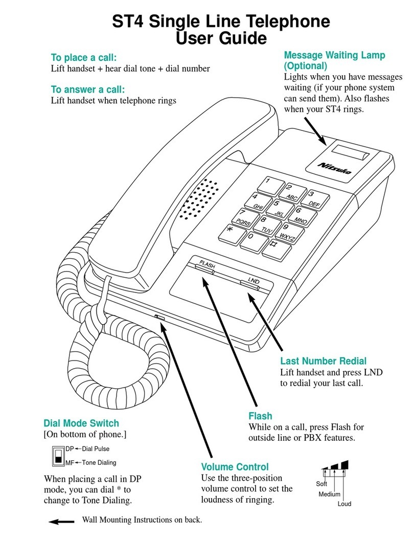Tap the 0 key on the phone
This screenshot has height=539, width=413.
pos(254,242)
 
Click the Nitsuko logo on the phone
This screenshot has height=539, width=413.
pos(335,168)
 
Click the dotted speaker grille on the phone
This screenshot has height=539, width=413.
pos(199,199)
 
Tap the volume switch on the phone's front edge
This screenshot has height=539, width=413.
pos(159,317)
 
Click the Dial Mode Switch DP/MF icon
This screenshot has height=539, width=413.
pos(58,456)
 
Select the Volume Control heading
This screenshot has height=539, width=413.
pos(235,467)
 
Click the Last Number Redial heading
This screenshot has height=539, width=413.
pos(324,361)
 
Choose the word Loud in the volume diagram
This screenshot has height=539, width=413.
pos(345,504)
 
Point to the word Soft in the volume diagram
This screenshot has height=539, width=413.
pos(322,484)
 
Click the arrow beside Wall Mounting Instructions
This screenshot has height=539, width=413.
pos(61,522)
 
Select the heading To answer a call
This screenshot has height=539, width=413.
pos(88,89)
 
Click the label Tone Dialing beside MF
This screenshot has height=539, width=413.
pos(99,463)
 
